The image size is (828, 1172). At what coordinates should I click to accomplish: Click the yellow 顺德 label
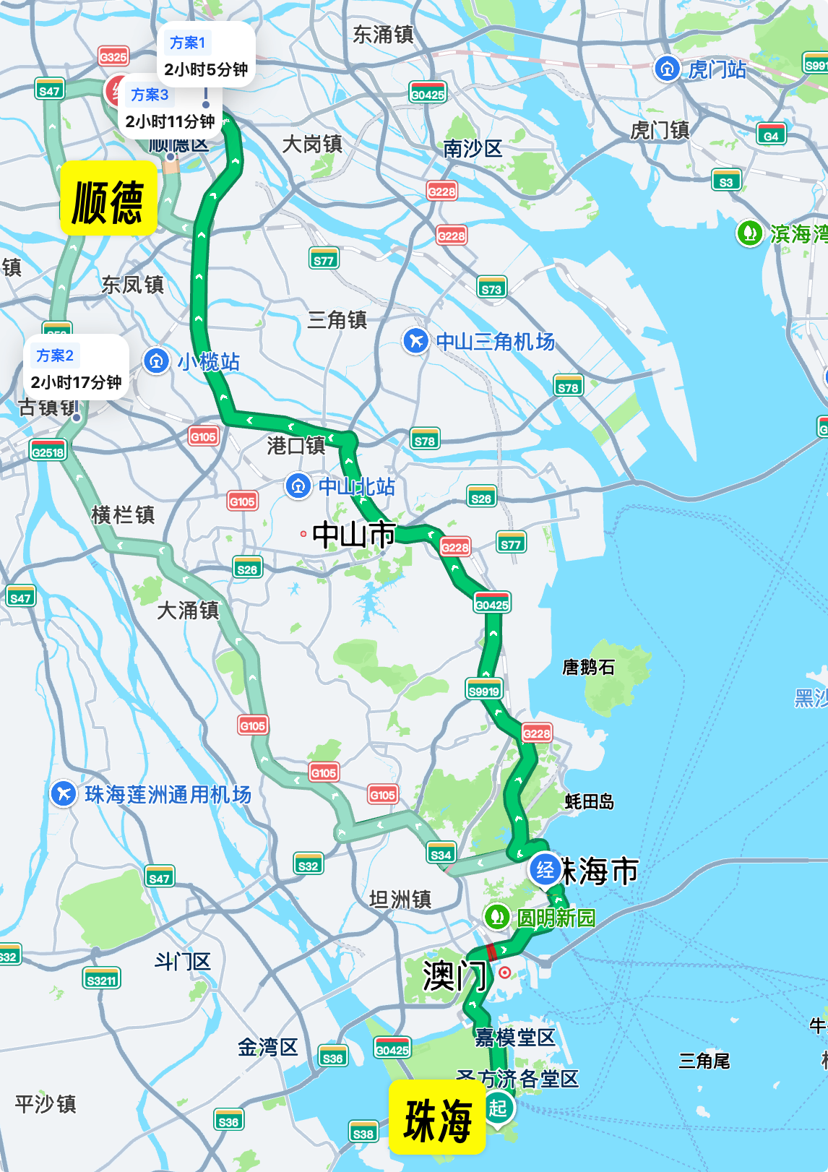[x=108, y=199]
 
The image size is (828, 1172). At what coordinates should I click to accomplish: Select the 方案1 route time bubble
[x=207, y=55]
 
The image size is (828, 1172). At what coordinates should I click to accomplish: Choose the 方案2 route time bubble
[x=76, y=368]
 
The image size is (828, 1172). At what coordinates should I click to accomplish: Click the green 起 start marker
[x=498, y=1107]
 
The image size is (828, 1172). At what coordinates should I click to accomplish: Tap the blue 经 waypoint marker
[x=545, y=869]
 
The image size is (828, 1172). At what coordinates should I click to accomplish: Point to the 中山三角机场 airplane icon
[x=415, y=340]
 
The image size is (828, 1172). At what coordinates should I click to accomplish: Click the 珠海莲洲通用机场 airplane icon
[x=64, y=793]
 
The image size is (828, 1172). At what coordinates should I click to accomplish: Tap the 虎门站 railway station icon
[x=666, y=69]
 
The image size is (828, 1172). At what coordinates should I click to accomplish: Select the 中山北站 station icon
[x=298, y=486]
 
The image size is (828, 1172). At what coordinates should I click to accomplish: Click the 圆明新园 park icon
[x=496, y=917]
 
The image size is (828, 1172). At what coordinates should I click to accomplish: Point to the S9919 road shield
[x=483, y=691]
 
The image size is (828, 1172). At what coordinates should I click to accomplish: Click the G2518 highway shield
[x=48, y=452]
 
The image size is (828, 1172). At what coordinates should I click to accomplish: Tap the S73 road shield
[x=491, y=288]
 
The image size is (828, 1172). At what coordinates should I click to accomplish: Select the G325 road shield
[x=113, y=56]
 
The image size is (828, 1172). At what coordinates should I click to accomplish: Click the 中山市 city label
[x=353, y=535]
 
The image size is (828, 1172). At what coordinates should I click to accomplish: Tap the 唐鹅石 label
[x=589, y=667]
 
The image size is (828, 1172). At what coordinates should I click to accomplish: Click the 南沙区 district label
[x=473, y=149]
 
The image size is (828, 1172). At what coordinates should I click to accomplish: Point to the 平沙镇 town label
[x=46, y=1103]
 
